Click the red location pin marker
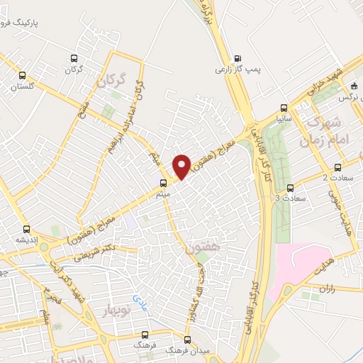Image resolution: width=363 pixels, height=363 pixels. pos(181,166)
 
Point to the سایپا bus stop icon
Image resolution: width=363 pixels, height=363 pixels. pos(284,108)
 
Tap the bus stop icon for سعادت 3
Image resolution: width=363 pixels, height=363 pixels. pos(291,188)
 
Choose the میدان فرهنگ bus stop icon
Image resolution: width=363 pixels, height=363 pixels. pos(187,339)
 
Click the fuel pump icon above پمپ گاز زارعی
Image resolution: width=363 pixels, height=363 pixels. pos(238,59)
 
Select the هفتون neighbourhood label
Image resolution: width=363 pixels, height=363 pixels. pos(199,250)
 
